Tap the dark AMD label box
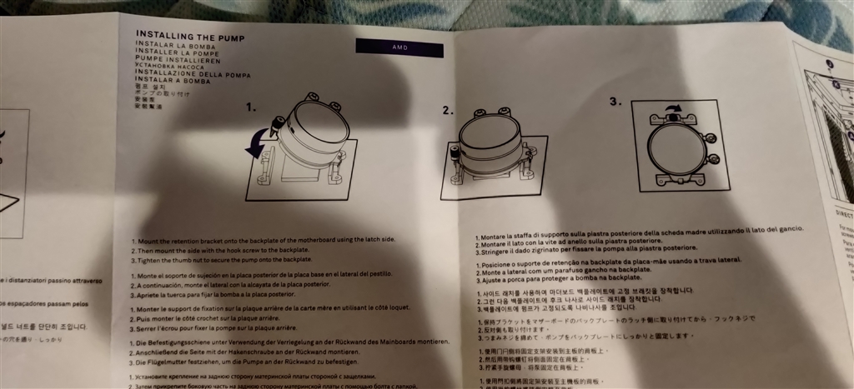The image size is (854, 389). click(399, 48)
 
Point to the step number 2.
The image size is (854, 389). click(448, 110)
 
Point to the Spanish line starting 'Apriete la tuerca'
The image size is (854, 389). click(216, 294)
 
